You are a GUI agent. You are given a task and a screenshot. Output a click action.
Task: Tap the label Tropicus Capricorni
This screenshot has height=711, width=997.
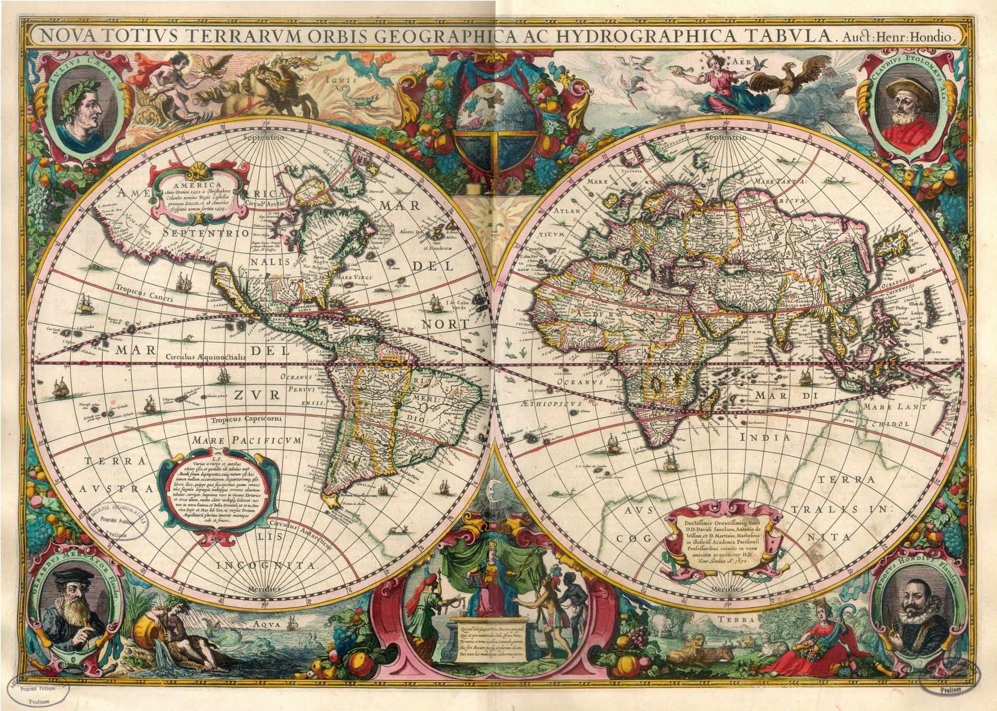pyautogui.click(x=246, y=419)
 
